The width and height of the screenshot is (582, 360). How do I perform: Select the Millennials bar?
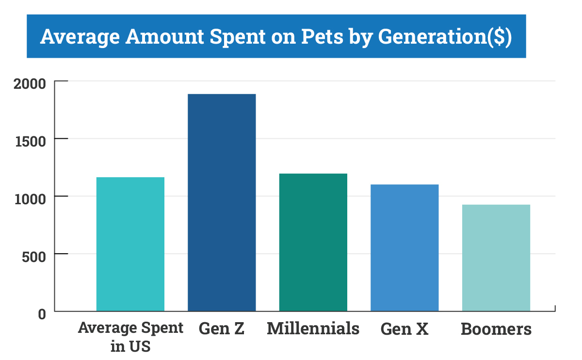pos(313,242)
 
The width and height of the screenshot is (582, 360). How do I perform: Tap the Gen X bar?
pos(404,247)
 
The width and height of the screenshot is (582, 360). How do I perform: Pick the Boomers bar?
pos(496,258)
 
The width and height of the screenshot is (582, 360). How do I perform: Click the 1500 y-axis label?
pos(30,141)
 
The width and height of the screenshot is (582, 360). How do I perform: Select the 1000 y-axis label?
pos(30,198)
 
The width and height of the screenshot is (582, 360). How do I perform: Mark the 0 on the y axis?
pos(42,314)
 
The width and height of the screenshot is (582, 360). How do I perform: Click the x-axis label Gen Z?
pos(222,329)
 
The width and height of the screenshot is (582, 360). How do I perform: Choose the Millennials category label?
pos(313,328)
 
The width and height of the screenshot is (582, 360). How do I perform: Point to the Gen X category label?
pos(404,329)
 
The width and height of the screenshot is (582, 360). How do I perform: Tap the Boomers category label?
pos(496,329)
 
